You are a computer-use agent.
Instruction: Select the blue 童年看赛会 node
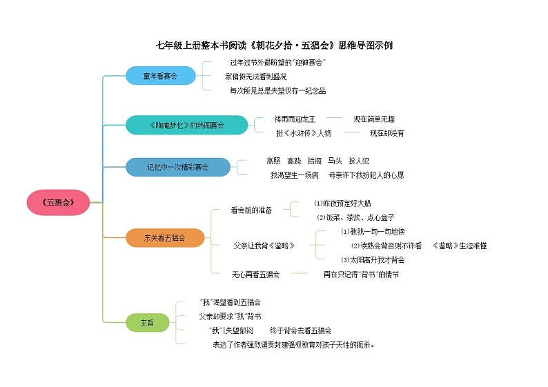(x=160, y=76)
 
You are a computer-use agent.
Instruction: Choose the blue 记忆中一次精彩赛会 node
(x=177, y=166)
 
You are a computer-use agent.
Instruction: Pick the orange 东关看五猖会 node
(x=165, y=238)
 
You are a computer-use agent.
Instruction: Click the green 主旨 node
(x=147, y=322)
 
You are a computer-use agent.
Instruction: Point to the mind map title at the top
(x=274, y=46)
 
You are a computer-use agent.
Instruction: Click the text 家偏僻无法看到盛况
(x=255, y=76)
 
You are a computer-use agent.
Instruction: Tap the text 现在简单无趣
(x=374, y=119)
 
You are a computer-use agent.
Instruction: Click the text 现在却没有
(x=386, y=132)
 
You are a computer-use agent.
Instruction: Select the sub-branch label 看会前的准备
(x=251, y=210)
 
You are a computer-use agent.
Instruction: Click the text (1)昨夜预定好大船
(x=342, y=204)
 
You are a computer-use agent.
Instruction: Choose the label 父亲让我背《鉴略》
(x=263, y=246)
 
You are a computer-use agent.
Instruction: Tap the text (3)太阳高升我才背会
(x=373, y=260)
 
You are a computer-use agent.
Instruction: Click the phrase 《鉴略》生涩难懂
(x=460, y=246)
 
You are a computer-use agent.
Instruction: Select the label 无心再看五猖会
(x=255, y=275)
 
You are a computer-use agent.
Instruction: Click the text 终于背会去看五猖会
(x=300, y=330)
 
